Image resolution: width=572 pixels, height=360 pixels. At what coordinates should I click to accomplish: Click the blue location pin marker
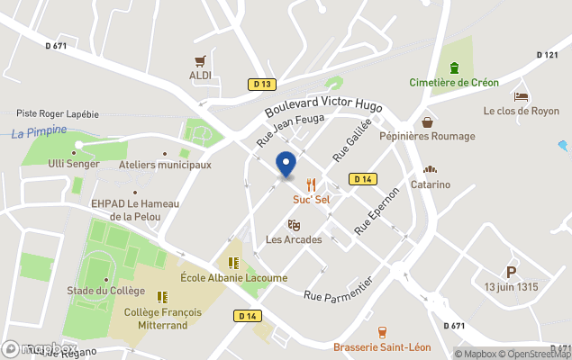pos(286,165)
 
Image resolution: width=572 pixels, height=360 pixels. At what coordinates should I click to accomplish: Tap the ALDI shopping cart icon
pos(200,61)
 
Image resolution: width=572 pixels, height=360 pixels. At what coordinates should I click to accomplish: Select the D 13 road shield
pos(261,85)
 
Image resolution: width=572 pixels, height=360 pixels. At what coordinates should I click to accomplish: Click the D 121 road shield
pos(547,55)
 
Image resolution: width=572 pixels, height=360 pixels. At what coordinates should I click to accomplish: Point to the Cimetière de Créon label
pos(454,83)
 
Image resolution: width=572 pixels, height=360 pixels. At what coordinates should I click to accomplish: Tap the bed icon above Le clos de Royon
pos(521,96)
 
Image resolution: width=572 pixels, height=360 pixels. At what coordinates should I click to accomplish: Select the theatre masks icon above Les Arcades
pos(293,224)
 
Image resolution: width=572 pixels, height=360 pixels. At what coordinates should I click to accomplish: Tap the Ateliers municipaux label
pos(165,165)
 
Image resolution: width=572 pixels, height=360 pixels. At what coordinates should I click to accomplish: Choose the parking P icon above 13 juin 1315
pos(511,272)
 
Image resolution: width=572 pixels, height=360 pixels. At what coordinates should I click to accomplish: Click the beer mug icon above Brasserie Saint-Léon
pos(382,332)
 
